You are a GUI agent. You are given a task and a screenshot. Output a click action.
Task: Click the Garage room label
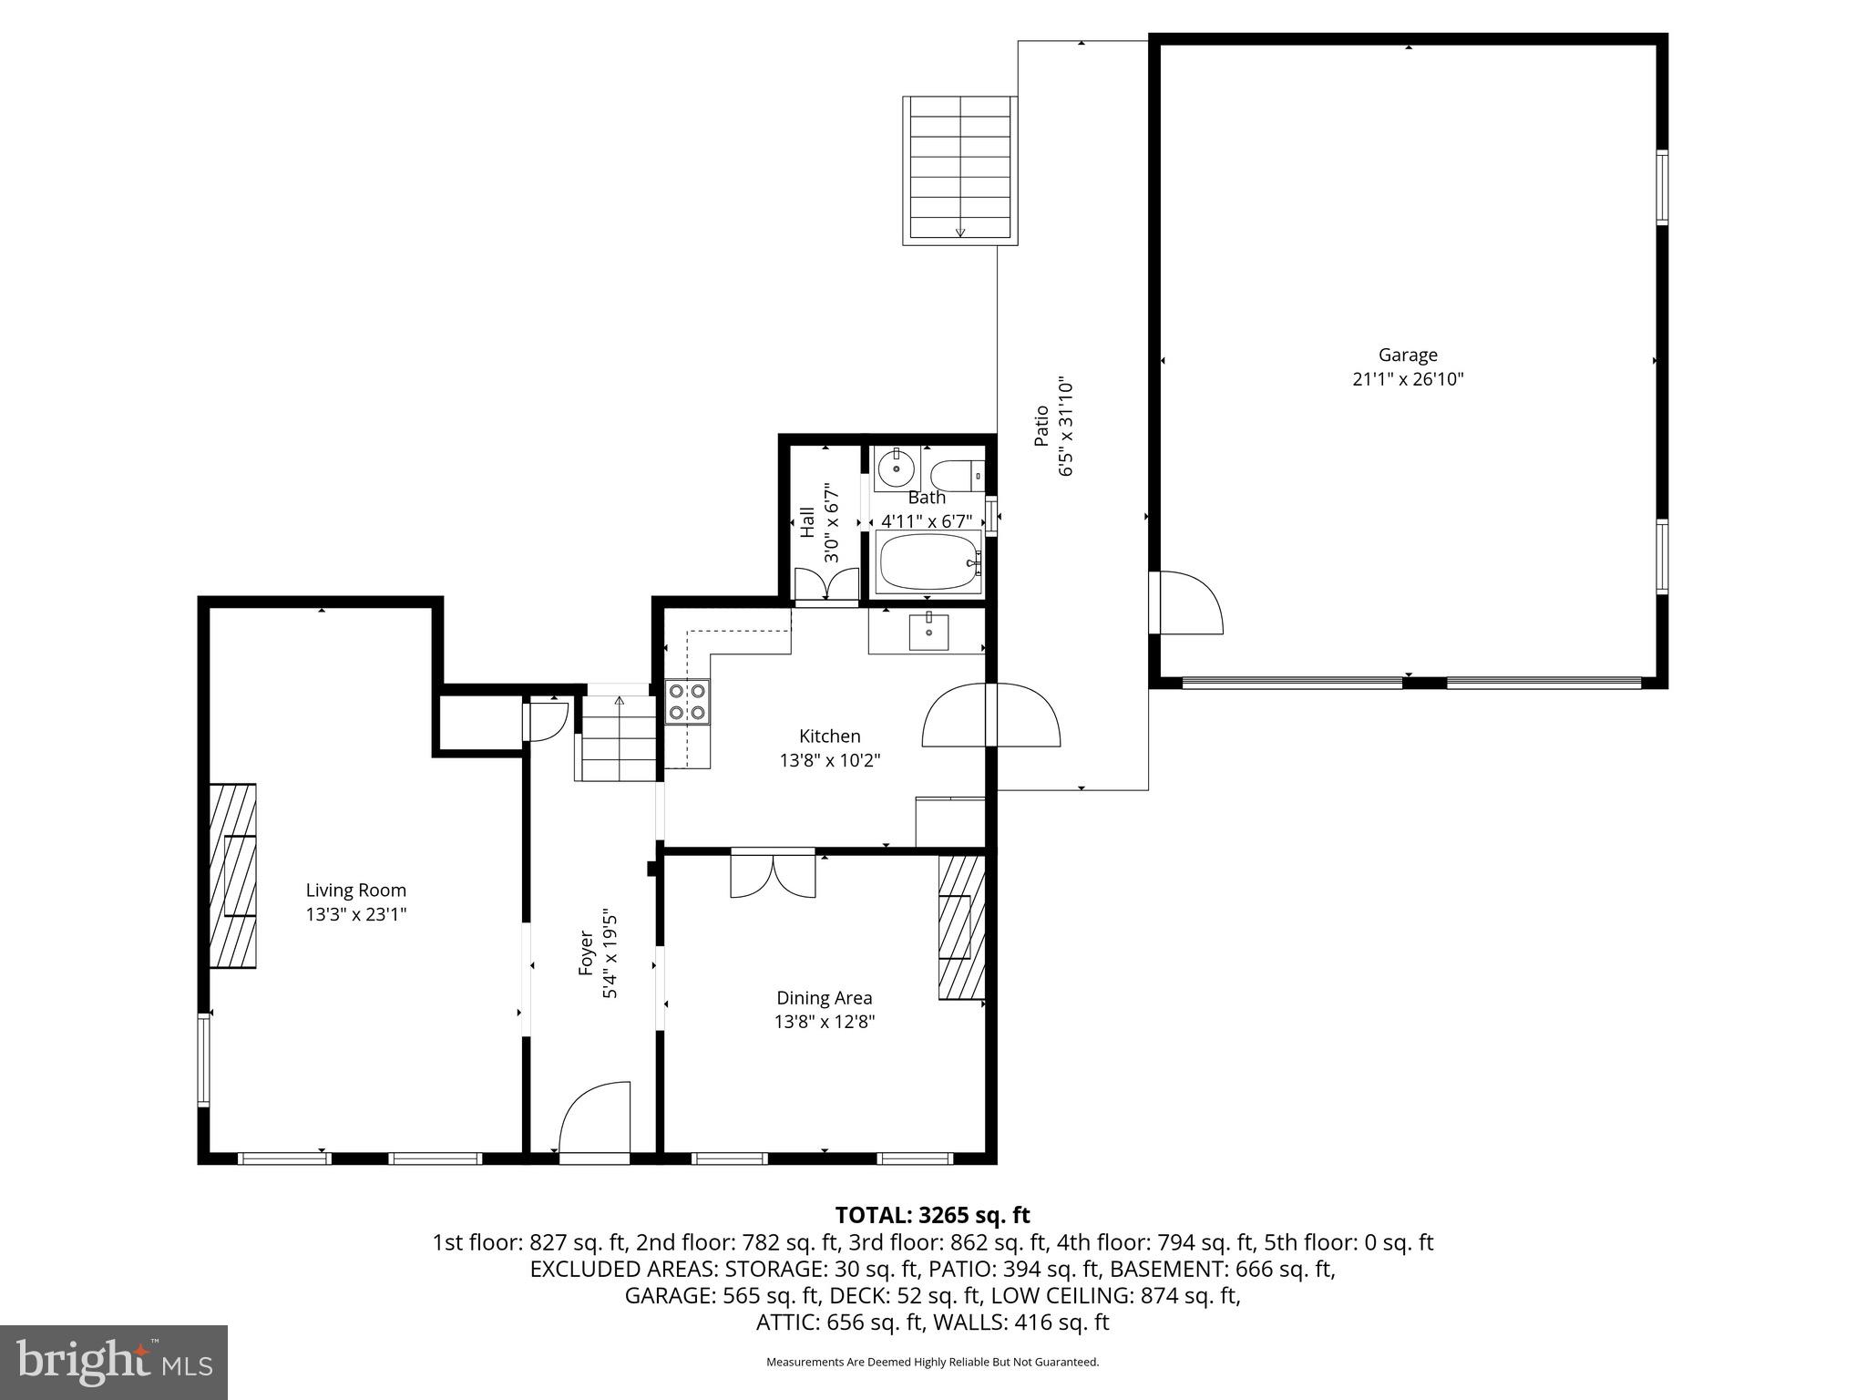[x=1407, y=355]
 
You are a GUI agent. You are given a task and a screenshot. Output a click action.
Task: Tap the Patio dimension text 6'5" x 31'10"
[x=1067, y=427]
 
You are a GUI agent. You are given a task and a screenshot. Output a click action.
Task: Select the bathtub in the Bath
[x=928, y=562]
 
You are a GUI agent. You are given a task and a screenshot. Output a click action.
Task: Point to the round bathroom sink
[x=897, y=469]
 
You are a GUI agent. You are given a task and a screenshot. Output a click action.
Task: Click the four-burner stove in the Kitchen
[x=687, y=702]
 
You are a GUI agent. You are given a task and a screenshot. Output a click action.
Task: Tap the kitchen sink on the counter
[x=928, y=632]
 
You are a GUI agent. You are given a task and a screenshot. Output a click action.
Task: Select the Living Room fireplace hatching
[x=233, y=875]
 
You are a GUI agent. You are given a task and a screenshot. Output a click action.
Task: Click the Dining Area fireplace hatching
[x=962, y=927]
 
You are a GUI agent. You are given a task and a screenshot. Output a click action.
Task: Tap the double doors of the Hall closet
[x=826, y=584]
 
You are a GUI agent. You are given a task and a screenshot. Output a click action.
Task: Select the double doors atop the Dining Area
[x=773, y=874]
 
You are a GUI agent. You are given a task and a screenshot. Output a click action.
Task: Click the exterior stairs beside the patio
[x=960, y=170]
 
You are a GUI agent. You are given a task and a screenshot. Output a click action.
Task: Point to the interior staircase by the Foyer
[x=619, y=738]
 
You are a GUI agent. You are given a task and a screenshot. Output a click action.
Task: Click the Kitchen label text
[x=829, y=736]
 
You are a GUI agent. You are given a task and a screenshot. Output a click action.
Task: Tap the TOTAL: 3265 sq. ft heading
[x=932, y=1215]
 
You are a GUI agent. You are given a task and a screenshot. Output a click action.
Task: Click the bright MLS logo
[x=114, y=1362]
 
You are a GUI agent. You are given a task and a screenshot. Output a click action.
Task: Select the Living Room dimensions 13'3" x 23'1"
[x=355, y=914]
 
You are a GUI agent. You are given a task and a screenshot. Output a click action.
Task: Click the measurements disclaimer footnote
[x=932, y=1362]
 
